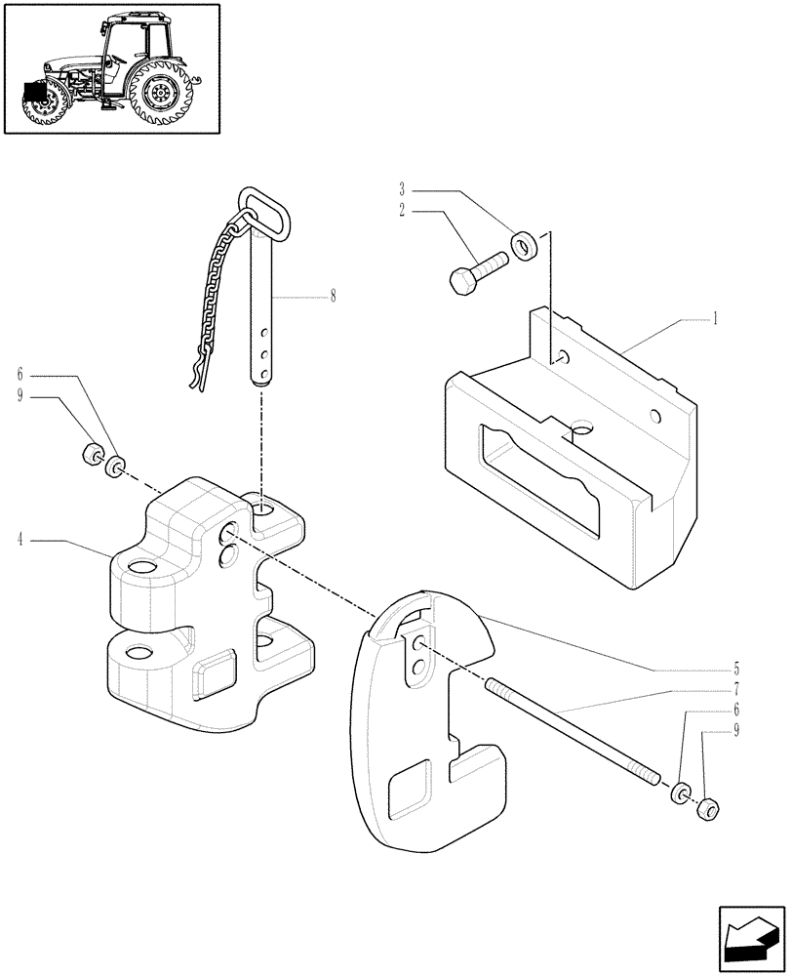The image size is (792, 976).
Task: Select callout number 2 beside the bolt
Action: click(x=401, y=210)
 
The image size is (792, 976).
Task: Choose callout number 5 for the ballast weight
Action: click(x=737, y=670)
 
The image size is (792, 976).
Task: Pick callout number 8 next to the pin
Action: click(x=333, y=295)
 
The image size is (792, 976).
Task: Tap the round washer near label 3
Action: click(x=523, y=244)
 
